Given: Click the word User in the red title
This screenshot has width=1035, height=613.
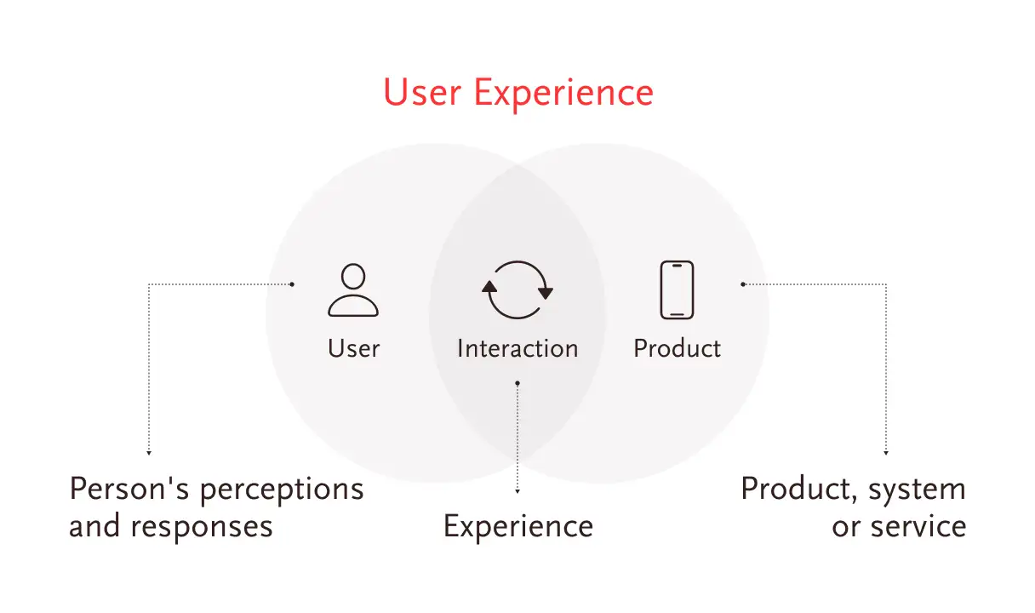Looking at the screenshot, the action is (422, 93).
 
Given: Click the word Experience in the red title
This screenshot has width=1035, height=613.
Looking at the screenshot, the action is (563, 95).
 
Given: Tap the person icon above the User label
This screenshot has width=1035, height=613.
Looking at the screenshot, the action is (353, 289).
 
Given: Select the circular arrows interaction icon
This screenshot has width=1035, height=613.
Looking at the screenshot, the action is (517, 289).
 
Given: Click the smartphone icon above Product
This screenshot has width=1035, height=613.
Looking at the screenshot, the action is (677, 289).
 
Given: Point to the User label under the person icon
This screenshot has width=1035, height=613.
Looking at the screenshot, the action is (353, 348).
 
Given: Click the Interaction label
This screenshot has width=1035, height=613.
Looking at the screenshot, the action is (517, 348).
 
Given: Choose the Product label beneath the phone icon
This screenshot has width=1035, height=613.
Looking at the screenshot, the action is (677, 348).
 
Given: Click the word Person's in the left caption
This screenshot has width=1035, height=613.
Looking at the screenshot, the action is (129, 489).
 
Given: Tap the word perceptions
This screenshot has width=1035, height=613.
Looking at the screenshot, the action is (282, 491).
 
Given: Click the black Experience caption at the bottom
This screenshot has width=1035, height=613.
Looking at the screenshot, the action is (518, 528).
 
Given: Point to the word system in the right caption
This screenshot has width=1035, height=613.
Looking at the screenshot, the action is (918, 491).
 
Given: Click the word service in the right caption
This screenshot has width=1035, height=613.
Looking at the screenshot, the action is (918, 526).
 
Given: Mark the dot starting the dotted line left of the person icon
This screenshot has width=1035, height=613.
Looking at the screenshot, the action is (292, 284).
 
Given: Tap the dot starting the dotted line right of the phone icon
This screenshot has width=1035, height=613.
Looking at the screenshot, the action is (743, 284).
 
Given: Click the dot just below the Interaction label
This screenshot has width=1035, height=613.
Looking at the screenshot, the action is (517, 383).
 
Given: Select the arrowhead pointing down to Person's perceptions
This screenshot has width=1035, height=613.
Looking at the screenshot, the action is (149, 453).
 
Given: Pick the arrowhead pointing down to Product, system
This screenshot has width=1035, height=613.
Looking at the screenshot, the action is (886, 453).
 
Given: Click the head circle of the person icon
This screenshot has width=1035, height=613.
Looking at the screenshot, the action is (353, 277).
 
